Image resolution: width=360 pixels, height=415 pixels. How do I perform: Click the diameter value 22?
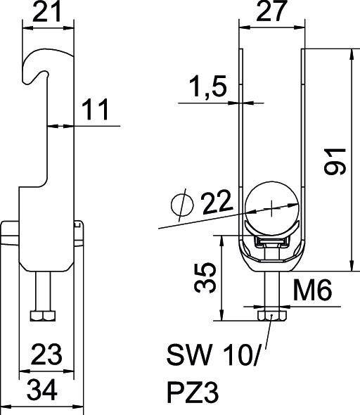[x=217, y=204]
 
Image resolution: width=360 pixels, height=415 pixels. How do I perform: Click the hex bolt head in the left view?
[x=44, y=314]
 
